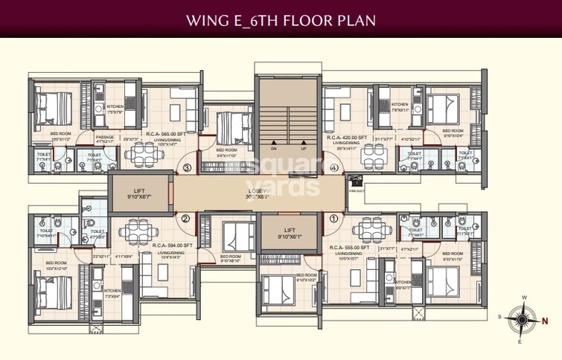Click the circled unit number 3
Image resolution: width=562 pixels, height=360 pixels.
(x=187, y=168)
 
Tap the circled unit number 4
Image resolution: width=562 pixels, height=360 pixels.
(x=334, y=168)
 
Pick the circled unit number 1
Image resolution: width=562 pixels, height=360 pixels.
(x=334, y=219)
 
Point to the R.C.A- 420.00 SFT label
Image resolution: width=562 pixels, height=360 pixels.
(x=348, y=138)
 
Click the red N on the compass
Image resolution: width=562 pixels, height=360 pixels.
(x=546, y=321)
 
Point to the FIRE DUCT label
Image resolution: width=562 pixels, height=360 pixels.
(x=358, y=190)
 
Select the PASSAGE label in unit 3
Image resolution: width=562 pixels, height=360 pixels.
(x=105, y=137)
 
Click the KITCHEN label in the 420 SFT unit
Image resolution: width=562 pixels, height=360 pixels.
(x=400, y=105)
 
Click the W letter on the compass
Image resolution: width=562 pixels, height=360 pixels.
(x=524, y=298)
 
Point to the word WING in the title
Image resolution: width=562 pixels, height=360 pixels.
(x=208, y=19)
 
